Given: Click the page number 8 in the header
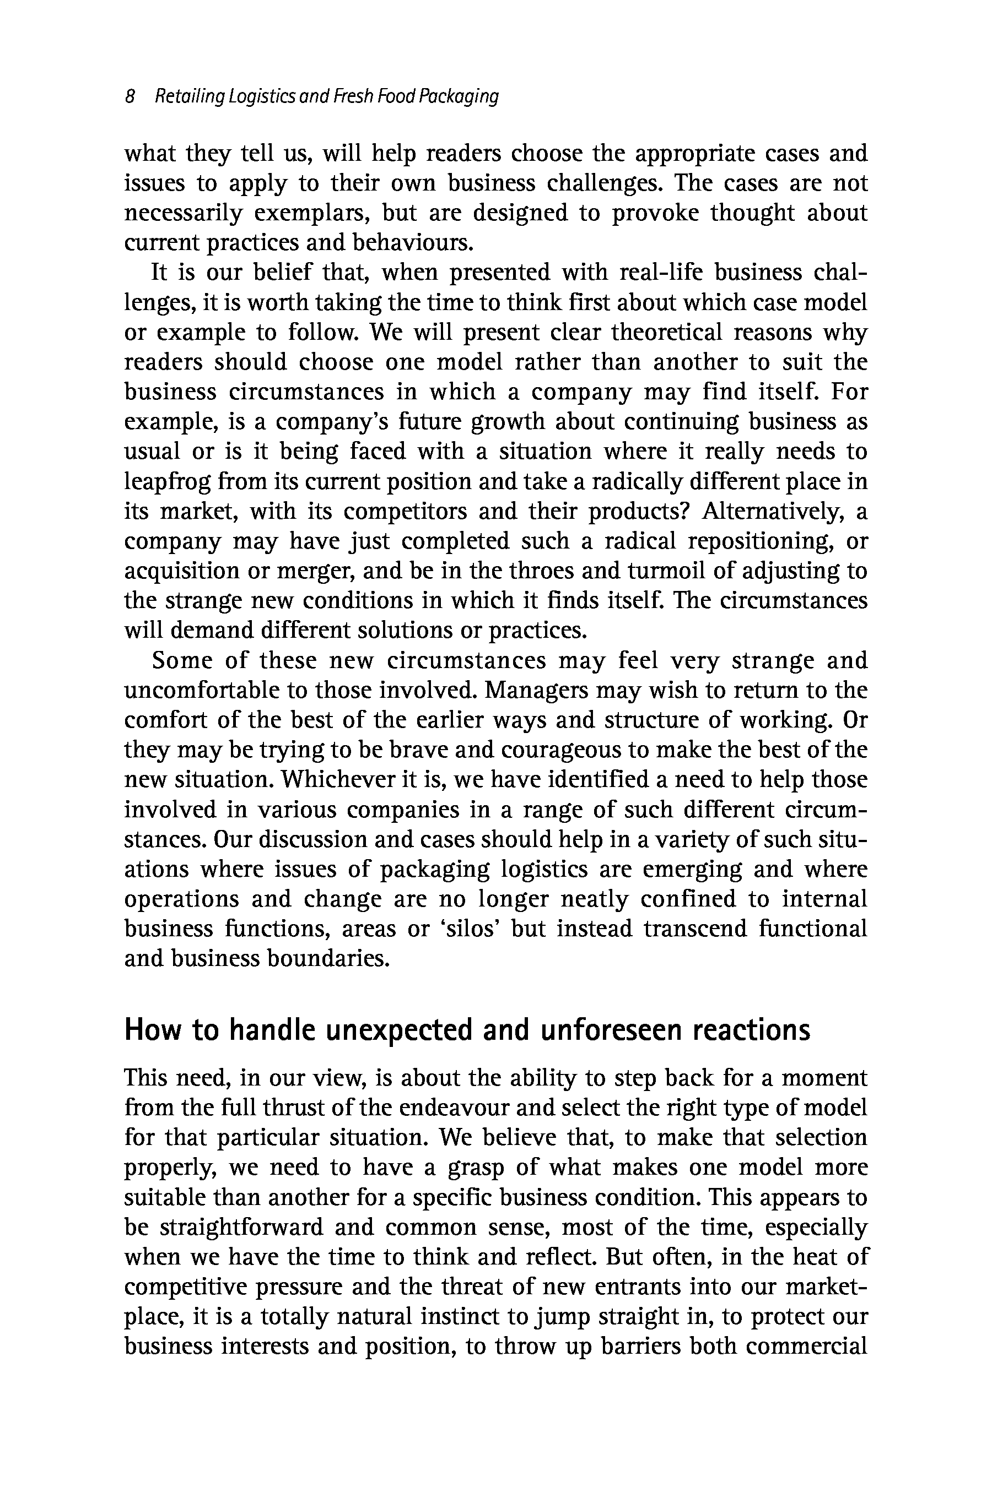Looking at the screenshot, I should pos(130,97).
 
